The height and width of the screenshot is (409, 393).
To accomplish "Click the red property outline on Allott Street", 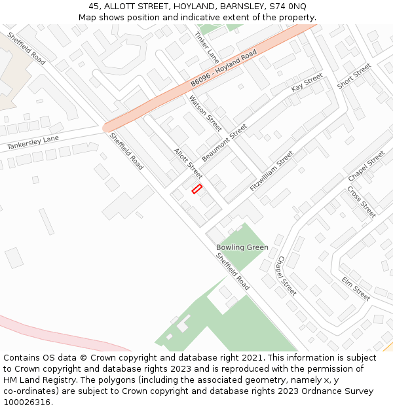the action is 196,188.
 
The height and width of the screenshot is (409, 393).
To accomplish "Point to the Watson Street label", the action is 205,113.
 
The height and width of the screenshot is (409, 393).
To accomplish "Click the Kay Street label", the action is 307,82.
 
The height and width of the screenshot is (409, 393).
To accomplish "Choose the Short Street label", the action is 354,76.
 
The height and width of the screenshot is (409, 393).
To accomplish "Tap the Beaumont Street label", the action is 225,143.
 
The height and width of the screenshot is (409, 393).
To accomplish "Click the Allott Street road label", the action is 188,163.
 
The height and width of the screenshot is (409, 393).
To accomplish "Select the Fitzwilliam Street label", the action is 272,171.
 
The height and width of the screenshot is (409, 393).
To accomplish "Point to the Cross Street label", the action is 361,202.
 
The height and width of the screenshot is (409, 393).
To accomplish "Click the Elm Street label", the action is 356,289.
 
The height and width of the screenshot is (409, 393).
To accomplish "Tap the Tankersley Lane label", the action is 33,143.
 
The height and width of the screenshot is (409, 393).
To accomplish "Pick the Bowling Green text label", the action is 242,247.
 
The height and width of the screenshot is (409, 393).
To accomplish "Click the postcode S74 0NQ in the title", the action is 288,6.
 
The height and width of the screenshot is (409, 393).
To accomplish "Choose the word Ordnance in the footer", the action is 313,391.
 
